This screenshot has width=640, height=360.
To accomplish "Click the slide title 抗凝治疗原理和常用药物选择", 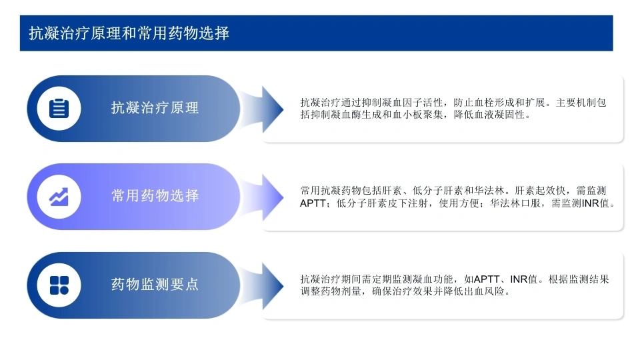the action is [129, 33].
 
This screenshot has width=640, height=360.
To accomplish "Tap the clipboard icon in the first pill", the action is [59, 109].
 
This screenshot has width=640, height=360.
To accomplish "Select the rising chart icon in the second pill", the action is [59, 197].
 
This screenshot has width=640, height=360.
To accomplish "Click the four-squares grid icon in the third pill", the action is [59, 285].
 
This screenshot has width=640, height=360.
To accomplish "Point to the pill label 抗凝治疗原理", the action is [155, 108].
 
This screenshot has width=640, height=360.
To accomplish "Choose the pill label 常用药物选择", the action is [155, 196].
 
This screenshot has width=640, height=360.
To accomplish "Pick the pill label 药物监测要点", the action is [155, 284].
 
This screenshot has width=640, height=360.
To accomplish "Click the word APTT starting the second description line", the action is [313, 203].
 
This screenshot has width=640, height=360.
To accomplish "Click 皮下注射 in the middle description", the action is [407, 203].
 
